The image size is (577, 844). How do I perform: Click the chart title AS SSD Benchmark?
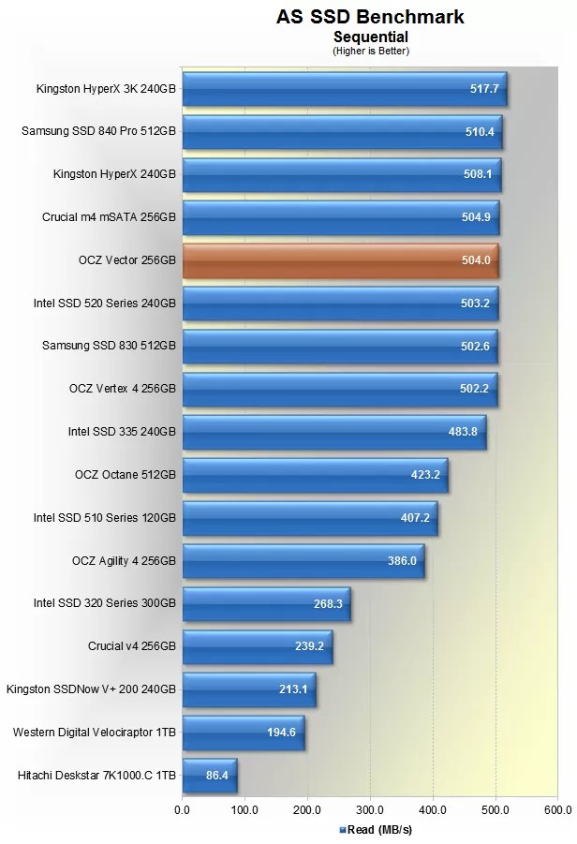click(370, 17)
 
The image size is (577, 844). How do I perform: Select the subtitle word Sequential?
click(370, 37)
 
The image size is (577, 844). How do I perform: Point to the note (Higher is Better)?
click(370, 51)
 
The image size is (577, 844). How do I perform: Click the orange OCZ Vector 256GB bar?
click(340, 260)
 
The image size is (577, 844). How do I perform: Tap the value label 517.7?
click(484, 90)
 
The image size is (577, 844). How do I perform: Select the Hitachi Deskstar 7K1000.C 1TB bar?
click(209, 776)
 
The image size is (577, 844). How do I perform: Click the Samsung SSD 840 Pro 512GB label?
click(98, 131)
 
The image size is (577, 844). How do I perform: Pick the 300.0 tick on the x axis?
click(369, 808)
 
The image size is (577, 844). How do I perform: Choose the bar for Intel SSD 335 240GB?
click(333, 432)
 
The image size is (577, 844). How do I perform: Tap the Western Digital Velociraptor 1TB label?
click(95, 732)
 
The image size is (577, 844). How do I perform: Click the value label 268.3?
click(329, 604)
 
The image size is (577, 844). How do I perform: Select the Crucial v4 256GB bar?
click(257, 646)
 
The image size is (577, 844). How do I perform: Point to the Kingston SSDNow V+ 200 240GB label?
click(91, 689)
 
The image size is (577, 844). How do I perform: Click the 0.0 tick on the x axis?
click(183, 808)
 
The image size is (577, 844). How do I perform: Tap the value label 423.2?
click(425, 475)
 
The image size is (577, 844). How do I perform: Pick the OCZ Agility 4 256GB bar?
click(303, 561)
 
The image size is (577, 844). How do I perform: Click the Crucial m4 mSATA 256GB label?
click(109, 217)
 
